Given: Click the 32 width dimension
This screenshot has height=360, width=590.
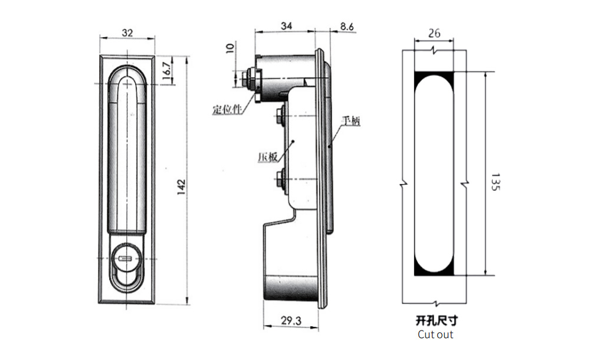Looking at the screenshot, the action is click(x=127, y=32).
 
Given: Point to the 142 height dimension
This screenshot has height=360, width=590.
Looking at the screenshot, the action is click(x=181, y=186).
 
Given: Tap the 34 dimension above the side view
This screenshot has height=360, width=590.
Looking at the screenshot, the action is click(x=286, y=25).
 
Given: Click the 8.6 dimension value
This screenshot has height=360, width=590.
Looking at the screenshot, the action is click(x=347, y=27).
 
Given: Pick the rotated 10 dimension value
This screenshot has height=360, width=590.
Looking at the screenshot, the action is click(x=230, y=48).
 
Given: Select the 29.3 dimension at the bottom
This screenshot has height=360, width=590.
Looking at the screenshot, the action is click(x=291, y=320).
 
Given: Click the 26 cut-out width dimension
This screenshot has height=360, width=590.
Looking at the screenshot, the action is click(x=434, y=33).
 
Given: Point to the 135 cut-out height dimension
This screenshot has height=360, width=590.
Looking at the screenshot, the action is click(x=496, y=182).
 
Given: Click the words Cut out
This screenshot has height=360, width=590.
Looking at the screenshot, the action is click(x=435, y=335).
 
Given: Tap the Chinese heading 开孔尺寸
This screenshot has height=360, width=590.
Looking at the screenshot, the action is click(x=437, y=320).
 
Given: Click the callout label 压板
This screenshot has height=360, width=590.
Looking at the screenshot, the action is click(x=267, y=157).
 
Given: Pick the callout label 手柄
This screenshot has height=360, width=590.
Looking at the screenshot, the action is click(x=350, y=120).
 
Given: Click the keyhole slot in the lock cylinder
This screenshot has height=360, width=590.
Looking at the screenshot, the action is click(x=124, y=258).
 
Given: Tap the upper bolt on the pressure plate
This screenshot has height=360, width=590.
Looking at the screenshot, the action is click(x=280, y=115).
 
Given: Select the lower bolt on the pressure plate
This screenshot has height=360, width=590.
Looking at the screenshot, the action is click(x=280, y=178).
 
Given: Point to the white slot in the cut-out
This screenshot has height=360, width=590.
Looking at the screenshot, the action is click(x=434, y=174).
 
